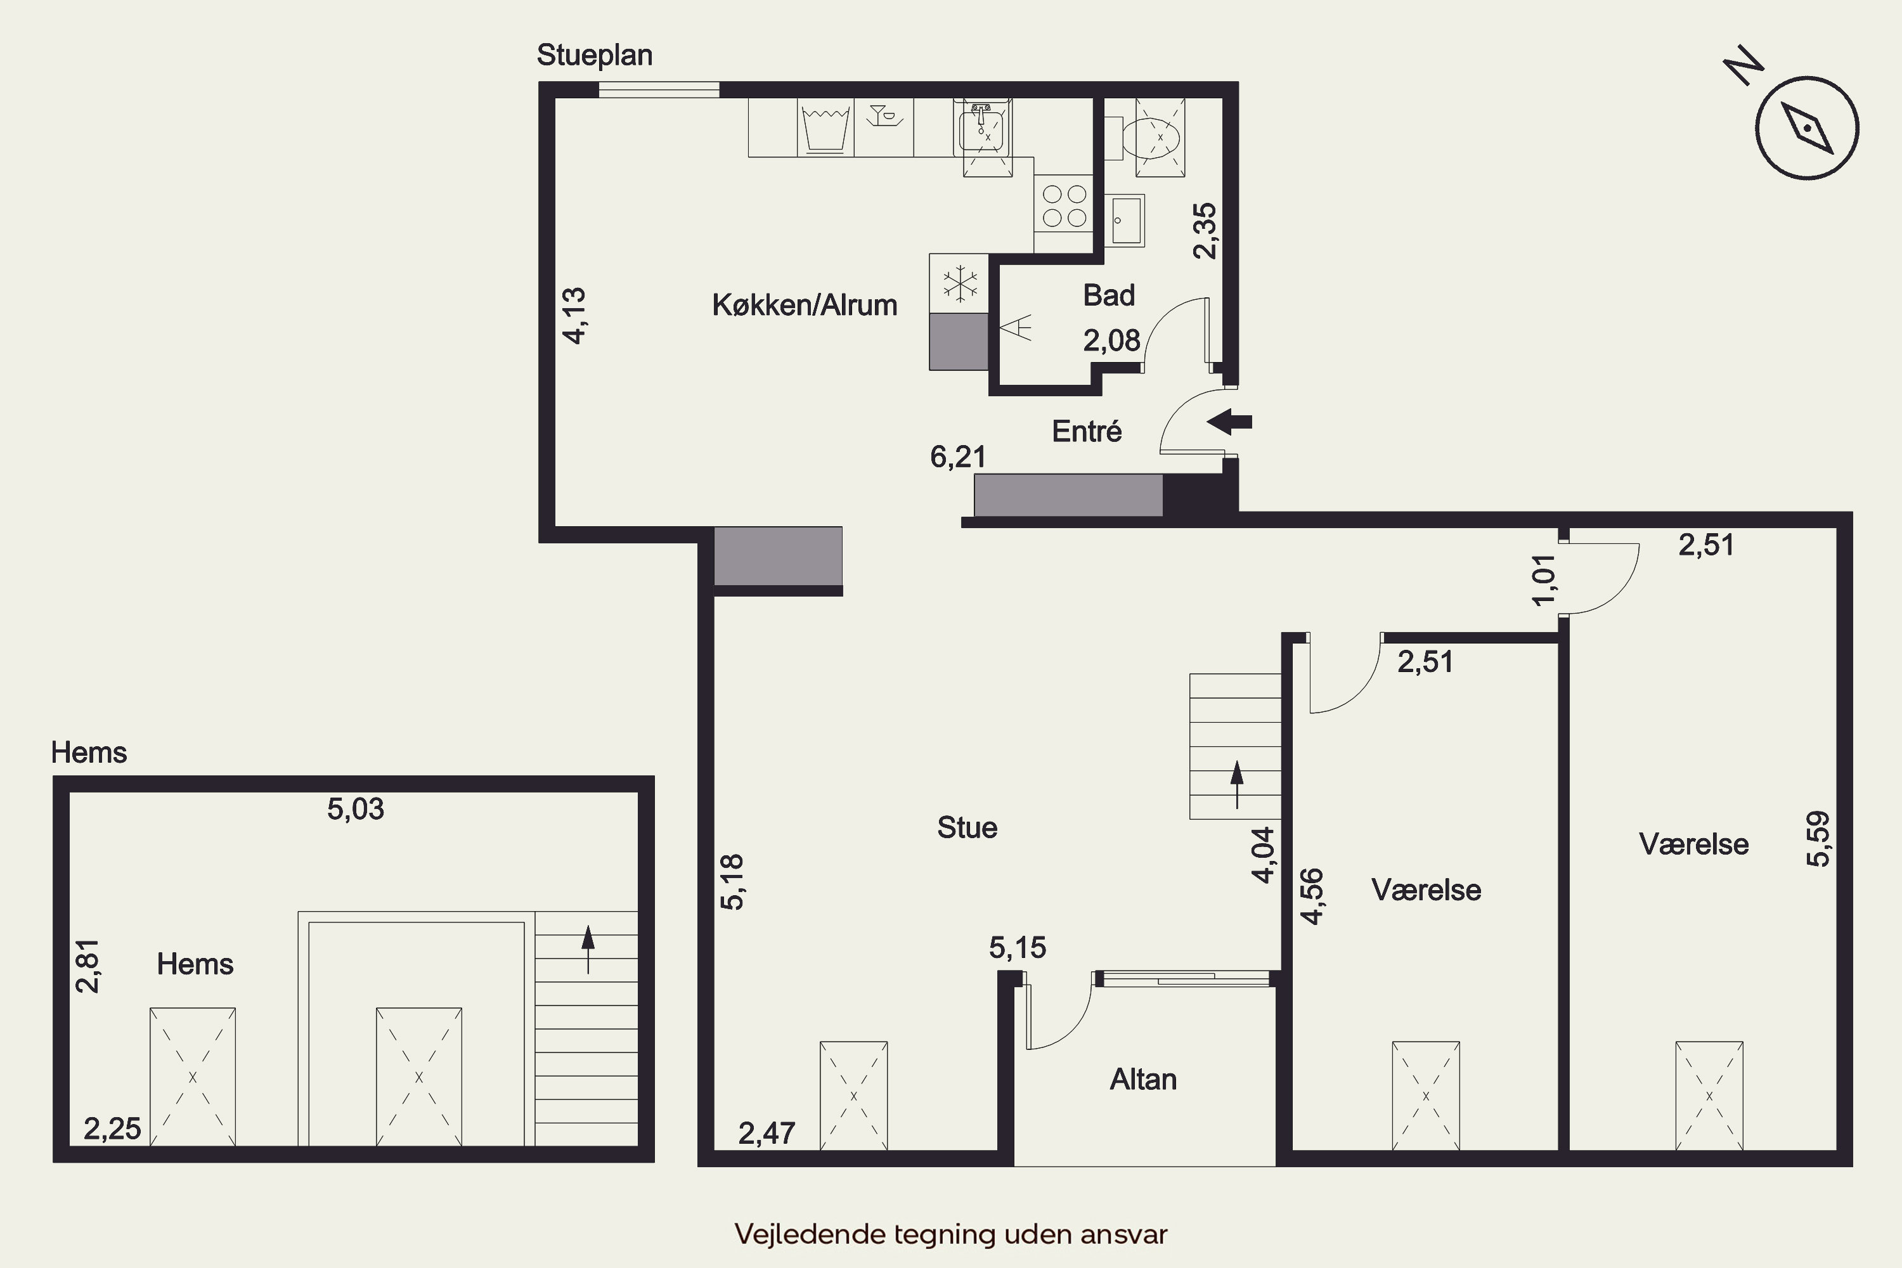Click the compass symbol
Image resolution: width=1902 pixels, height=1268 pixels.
click(x=1806, y=128)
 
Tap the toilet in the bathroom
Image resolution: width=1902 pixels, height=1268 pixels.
click(x=1160, y=137)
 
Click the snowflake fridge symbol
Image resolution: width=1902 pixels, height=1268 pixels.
click(x=960, y=284)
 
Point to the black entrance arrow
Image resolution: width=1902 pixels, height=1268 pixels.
click(x=1229, y=422)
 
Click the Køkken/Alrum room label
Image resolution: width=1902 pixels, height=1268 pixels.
click(x=805, y=305)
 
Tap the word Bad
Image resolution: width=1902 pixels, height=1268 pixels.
click(x=1109, y=295)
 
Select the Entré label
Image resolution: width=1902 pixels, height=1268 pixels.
click(x=1087, y=431)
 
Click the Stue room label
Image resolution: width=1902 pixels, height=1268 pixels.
click(x=967, y=827)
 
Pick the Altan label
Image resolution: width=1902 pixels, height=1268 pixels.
click(x=1142, y=1080)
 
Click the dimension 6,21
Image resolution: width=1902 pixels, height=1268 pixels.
click(x=958, y=458)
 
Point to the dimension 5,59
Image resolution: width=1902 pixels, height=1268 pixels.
click(x=1818, y=839)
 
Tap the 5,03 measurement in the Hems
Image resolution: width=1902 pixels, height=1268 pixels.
click(x=356, y=809)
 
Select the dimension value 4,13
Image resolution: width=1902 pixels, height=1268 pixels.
click(x=574, y=316)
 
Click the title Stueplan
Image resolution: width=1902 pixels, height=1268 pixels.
click(x=595, y=55)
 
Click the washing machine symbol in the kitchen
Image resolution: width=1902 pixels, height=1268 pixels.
click(x=825, y=127)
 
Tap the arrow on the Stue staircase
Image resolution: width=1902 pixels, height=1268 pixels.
click(x=1236, y=784)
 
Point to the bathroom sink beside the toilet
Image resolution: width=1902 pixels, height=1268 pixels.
click(x=1124, y=219)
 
